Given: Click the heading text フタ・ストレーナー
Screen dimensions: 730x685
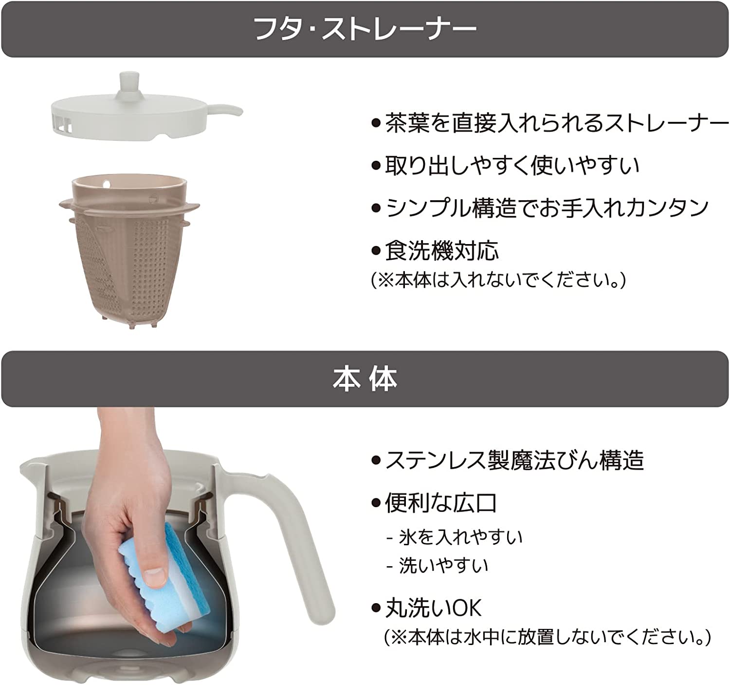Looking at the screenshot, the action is [365, 29].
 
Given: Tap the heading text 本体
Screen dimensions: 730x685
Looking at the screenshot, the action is [365, 379].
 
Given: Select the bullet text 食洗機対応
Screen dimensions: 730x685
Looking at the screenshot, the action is [441, 251].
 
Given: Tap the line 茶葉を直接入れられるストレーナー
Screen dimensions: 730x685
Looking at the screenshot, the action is [557, 123].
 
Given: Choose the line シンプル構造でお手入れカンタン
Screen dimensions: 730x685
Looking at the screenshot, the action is [547, 208].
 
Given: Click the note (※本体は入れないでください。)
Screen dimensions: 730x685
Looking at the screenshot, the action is [498, 281].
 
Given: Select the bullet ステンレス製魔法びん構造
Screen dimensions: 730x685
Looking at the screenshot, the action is [514, 460].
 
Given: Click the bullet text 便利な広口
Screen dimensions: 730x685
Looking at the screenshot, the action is [441, 503].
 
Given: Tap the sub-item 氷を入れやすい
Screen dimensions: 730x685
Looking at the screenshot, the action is [460, 537].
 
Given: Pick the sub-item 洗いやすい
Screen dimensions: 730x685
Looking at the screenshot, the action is [443, 566].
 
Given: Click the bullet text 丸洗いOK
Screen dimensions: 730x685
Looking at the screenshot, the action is [433, 609].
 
